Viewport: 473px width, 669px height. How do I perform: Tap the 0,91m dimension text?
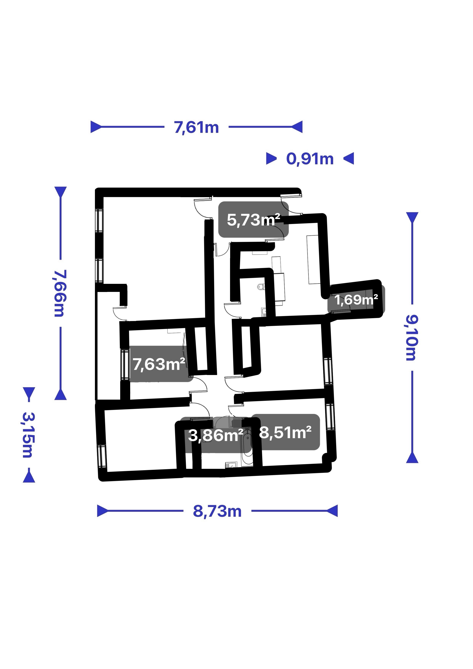click(310, 159)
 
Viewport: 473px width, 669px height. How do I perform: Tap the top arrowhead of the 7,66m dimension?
click(61, 192)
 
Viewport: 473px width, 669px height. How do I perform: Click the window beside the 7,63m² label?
click(125, 364)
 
